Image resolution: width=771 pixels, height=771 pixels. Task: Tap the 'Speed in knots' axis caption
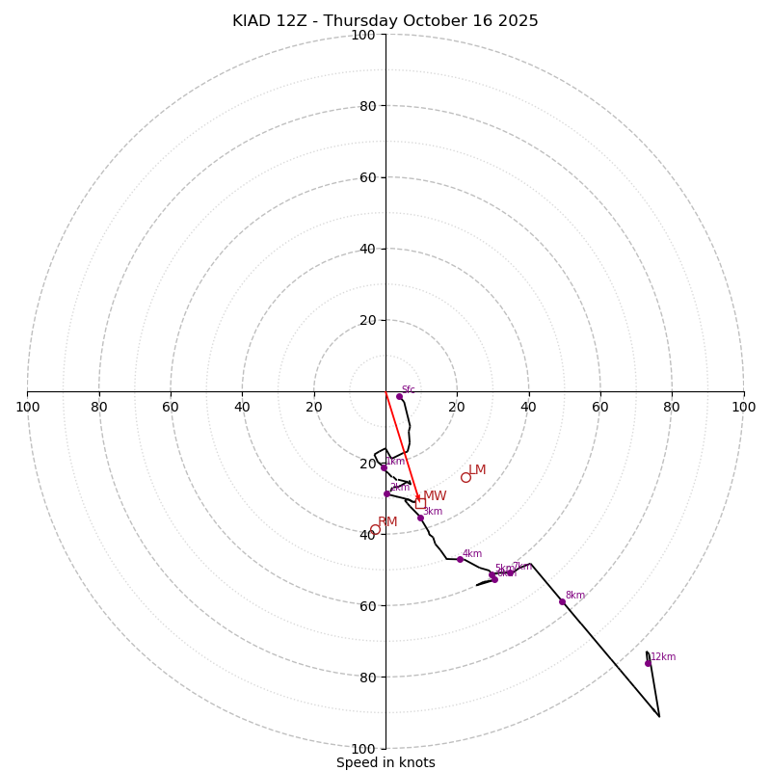coord(385,762)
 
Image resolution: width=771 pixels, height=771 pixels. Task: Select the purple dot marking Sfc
coord(399,396)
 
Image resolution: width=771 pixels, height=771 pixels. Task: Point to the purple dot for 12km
coord(648,663)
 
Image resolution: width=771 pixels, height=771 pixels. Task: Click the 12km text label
coord(663,657)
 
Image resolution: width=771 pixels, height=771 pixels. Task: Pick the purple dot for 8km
coord(562,601)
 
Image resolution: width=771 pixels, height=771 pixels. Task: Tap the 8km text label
coord(575,596)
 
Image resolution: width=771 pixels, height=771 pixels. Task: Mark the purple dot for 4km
coord(460,559)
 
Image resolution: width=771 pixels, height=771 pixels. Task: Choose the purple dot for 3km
coord(420,518)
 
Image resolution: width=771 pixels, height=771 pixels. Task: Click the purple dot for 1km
coord(384,467)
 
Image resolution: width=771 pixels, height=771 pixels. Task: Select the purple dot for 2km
coord(386,493)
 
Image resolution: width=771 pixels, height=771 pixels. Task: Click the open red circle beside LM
coord(465,477)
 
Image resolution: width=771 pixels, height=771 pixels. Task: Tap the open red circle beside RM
coord(375,529)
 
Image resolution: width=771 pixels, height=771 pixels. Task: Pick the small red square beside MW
coord(420,503)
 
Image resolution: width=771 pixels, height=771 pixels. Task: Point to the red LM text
coord(478,470)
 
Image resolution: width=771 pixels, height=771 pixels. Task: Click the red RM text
coord(387,522)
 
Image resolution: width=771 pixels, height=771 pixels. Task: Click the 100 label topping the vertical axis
coord(363,35)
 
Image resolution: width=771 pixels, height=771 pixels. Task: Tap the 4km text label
coord(472,554)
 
